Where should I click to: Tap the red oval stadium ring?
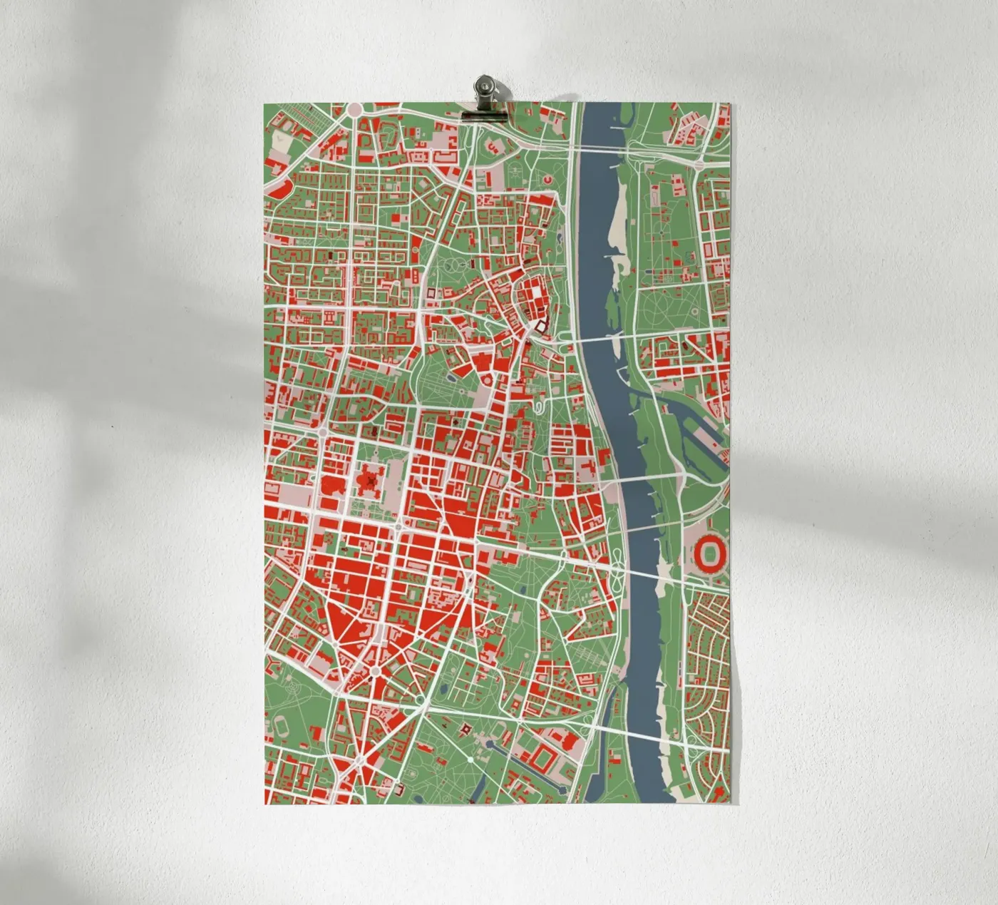pyautogui.click(x=710, y=553)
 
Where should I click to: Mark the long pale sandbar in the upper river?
pyautogui.click(x=617, y=207)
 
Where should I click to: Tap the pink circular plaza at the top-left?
pyautogui.click(x=354, y=109)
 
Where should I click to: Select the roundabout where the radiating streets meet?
pyautogui.click(x=375, y=671)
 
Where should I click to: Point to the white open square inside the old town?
pyautogui.click(x=540, y=327)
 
